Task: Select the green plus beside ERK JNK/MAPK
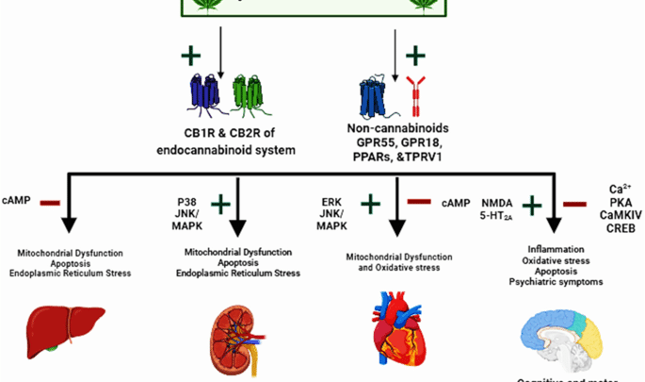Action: click(371, 202)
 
